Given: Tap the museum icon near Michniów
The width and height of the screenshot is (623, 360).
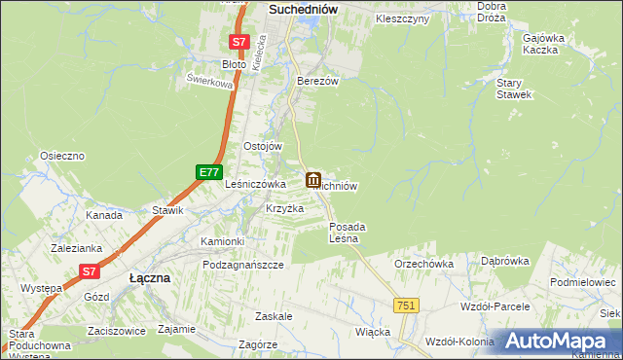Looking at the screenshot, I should point(313,180).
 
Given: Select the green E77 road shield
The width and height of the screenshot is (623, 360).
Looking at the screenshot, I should point(207,172).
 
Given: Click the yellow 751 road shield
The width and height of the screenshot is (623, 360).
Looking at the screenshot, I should point(407,306).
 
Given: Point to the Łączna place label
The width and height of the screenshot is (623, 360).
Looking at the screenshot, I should point(150,277).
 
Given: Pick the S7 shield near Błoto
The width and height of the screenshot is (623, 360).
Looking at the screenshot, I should point(239,43).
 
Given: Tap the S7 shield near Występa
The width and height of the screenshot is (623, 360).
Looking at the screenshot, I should point(89,272).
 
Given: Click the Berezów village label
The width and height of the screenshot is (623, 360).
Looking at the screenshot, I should point(317,82).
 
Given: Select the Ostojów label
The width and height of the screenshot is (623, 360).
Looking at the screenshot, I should point(262,146).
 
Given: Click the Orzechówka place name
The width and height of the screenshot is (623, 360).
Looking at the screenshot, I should point(423,264).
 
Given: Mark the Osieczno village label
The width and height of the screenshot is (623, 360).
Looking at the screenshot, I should point(63,156).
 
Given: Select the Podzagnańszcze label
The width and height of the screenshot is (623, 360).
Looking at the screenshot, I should point(243,265).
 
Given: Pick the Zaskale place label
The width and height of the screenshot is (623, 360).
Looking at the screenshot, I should point(274,317).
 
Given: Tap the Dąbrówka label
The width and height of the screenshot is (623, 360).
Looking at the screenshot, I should point(504,261).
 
